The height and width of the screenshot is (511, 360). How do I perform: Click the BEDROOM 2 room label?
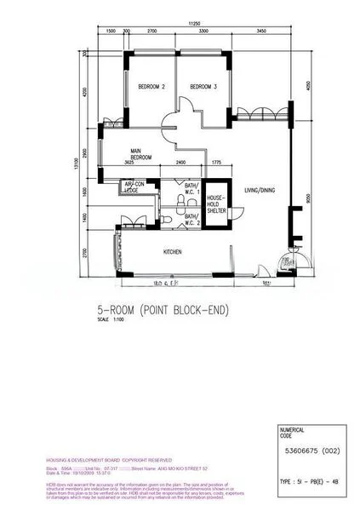click(150, 87)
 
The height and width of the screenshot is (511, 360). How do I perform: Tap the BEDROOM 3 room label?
click(203, 87)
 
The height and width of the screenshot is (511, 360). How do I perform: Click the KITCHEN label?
click(174, 252)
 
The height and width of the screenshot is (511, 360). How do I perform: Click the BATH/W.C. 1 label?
click(191, 189)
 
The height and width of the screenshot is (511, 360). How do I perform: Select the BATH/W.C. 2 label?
click(191, 220)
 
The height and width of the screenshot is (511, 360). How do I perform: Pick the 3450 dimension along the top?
click(260, 32)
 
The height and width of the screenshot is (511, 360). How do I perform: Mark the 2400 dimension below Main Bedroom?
click(181, 163)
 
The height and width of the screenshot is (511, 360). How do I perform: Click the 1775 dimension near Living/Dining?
click(216, 163)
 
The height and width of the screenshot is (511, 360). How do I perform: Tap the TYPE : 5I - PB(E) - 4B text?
click(313, 492)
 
